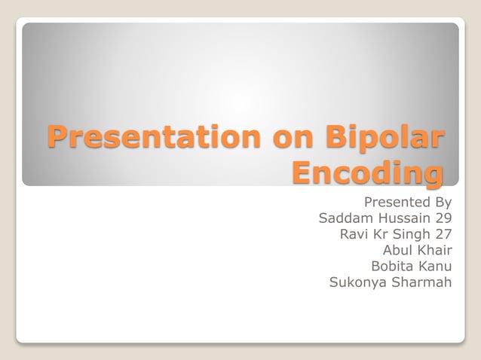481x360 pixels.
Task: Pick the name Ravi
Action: click(354, 234)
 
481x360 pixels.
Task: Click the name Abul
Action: click(398, 250)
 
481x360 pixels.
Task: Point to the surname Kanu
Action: click(435, 267)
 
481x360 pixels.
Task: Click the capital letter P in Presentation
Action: click(57, 138)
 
